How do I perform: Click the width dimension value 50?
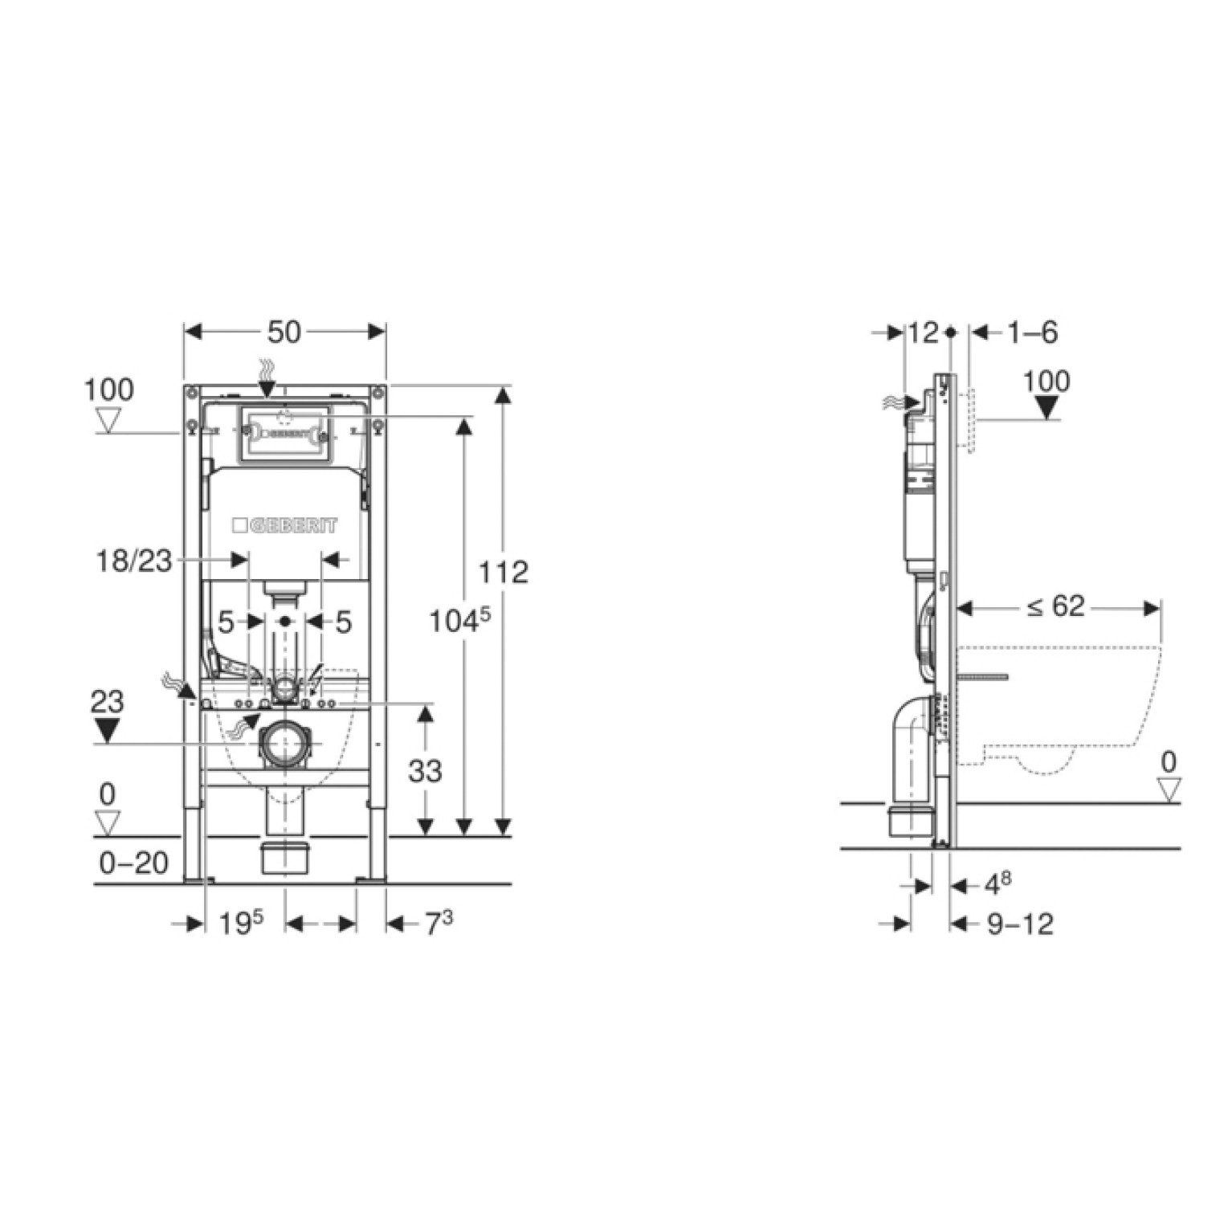point(284,332)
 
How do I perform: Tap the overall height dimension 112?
point(504,572)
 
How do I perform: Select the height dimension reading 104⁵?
point(459,620)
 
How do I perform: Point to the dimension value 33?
point(425,771)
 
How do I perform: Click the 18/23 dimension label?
point(134,561)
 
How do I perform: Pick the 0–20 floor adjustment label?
point(134,863)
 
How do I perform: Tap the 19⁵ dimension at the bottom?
point(242,923)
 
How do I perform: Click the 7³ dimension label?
point(439,923)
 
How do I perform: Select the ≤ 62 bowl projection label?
point(1055,606)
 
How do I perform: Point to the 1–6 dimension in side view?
point(1033,332)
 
